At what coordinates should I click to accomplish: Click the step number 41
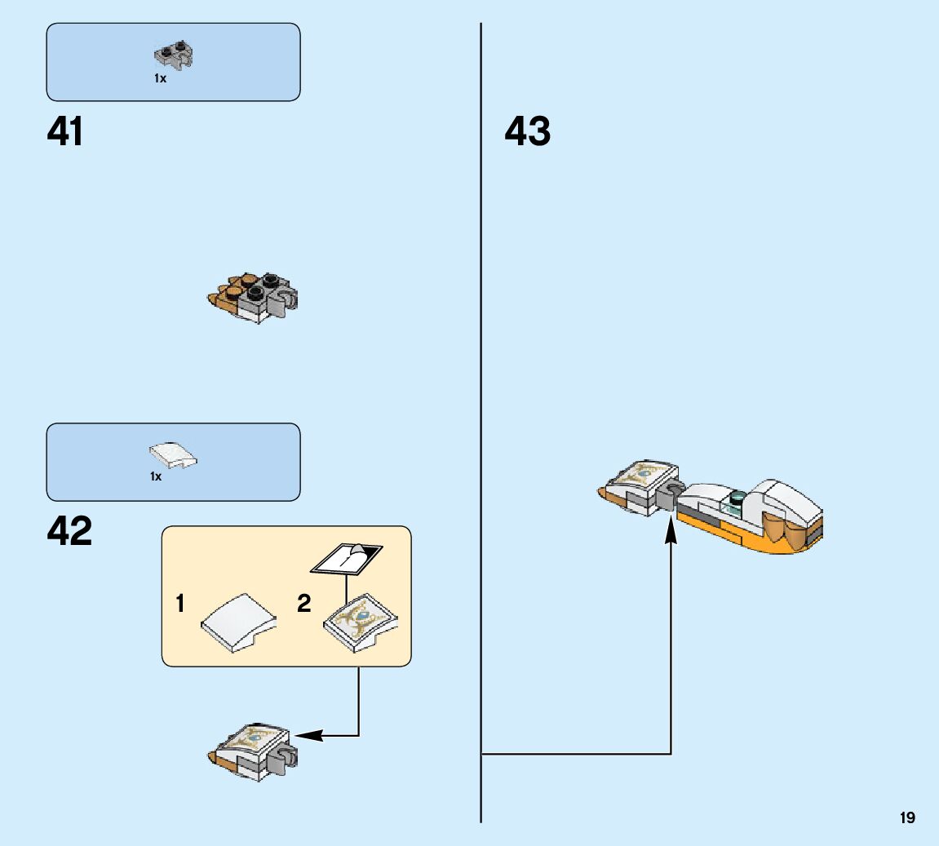click(65, 132)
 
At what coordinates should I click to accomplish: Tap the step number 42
click(69, 532)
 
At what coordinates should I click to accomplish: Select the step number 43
click(528, 132)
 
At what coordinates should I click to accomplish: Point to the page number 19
click(907, 817)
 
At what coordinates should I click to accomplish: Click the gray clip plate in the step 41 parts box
click(175, 55)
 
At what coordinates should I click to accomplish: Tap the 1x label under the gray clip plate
click(160, 79)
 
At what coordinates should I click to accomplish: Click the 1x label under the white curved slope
click(156, 476)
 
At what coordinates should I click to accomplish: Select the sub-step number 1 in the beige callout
click(179, 605)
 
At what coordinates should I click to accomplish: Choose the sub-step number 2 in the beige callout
click(304, 605)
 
